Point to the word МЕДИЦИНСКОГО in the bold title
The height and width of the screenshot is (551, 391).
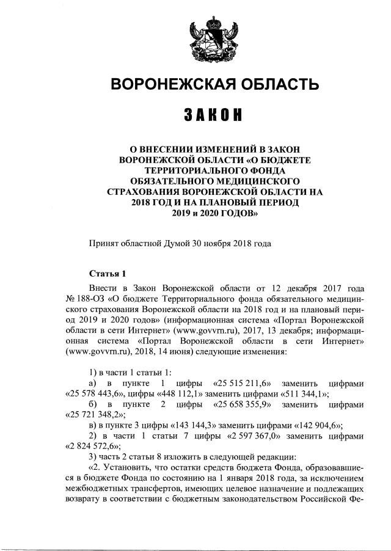251,181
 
